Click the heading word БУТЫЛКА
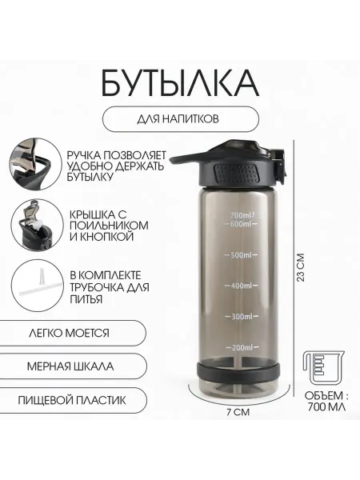pos(180,83)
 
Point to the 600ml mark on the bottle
pos(241,224)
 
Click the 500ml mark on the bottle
pos(242,254)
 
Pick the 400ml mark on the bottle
pos(242,286)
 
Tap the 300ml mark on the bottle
pos(242,316)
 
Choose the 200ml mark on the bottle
pos(242,347)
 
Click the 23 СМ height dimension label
pos(301,267)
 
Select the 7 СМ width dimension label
pos(238,412)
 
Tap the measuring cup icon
pos(323,369)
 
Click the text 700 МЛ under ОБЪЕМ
pos(326,407)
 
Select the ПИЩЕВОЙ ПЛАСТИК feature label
pos(72,400)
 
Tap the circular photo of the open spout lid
pos(37,224)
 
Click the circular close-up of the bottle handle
pos(35,164)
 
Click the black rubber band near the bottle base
pos(238,372)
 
